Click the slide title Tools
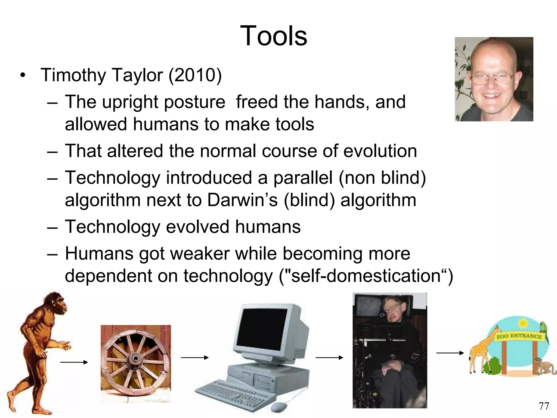point(274,36)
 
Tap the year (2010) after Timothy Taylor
point(195,75)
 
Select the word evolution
point(380,151)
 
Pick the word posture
point(195,102)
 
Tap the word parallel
point(303,178)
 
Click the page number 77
point(544,406)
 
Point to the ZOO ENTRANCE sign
point(519,336)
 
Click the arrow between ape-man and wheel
point(74,362)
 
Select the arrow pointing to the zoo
point(450,353)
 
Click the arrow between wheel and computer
point(194,358)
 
